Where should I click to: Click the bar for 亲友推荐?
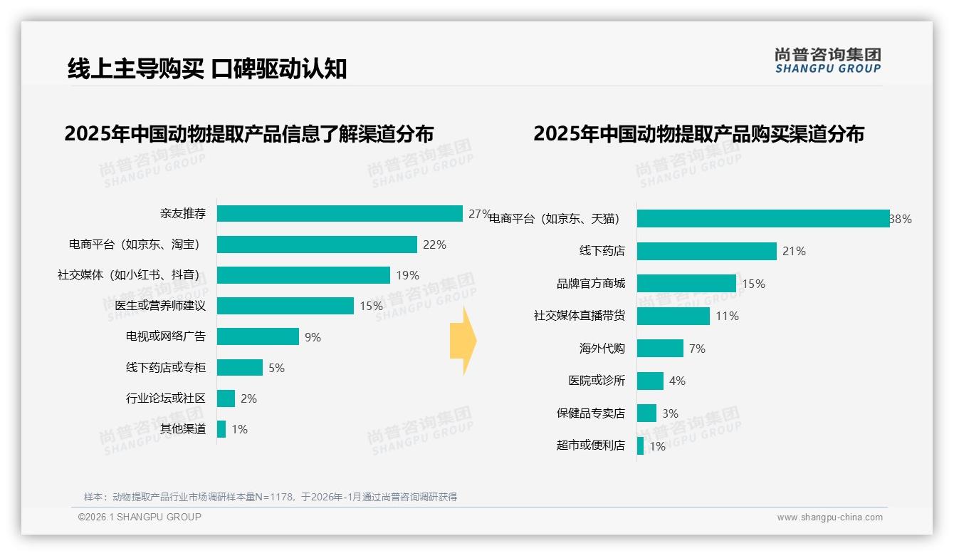(340, 214)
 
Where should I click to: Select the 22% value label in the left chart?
(434, 244)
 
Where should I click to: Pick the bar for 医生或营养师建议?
(285, 306)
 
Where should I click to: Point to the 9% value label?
(313, 337)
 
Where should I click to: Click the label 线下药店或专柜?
(166, 368)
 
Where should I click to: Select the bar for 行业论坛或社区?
(226, 398)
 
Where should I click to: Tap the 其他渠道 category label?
(183, 429)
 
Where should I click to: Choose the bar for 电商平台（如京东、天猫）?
(762, 219)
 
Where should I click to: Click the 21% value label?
(794, 251)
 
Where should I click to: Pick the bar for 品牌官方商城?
(686, 284)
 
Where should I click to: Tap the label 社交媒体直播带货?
(580, 316)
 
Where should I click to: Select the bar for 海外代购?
(660, 349)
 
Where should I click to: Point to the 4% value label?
(677, 381)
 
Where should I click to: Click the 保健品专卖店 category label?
(591, 413)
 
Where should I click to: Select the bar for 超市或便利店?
(640, 446)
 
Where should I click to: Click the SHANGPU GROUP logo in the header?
(827, 61)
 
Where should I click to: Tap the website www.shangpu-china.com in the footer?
(829, 518)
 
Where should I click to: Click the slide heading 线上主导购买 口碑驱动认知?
(207, 68)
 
